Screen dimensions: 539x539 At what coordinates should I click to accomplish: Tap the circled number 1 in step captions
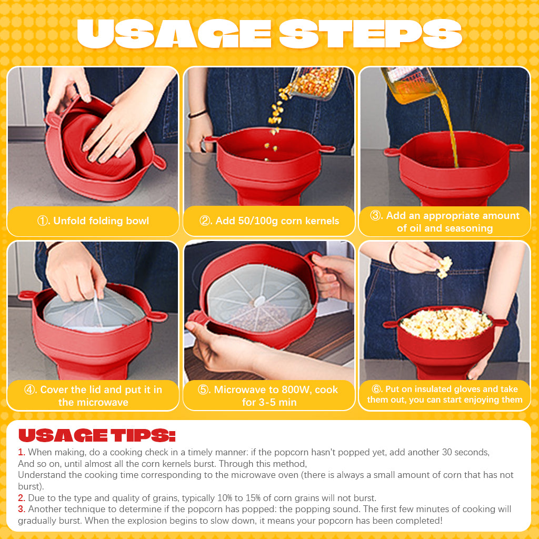[x=43, y=221]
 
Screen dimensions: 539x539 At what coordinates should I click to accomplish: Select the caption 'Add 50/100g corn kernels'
[x=276, y=221]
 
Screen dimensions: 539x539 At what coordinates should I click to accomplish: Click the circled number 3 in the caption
[x=376, y=216]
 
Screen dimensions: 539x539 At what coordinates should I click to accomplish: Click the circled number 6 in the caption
[x=376, y=390]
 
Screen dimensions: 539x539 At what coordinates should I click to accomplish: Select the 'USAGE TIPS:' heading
[x=97, y=435]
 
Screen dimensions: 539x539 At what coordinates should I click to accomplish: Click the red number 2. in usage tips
[x=22, y=498]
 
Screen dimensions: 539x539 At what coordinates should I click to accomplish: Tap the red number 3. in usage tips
[x=22, y=509]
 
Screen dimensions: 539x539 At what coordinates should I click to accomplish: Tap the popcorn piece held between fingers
[x=445, y=266]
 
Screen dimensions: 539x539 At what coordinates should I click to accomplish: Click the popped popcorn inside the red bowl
[x=445, y=323]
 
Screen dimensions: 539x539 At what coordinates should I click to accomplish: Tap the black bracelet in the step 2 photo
[x=197, y=114]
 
